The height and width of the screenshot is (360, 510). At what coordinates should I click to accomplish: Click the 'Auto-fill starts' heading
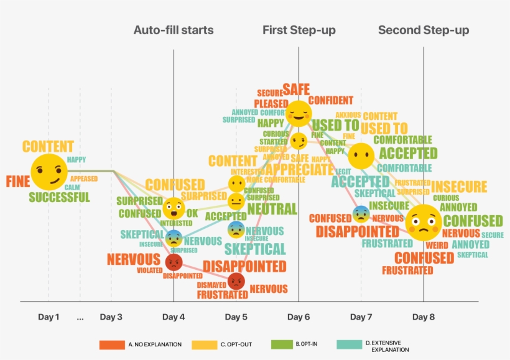(173, 30)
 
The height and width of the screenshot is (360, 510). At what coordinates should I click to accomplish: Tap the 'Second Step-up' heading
(423, 30)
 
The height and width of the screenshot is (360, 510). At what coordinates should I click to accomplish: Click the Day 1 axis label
(49, 317)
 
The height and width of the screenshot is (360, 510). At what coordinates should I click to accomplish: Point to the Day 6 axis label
(299, 317)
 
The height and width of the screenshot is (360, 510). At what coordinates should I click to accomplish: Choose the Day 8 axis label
(424, 317)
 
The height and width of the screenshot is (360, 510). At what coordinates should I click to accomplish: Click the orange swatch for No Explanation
(111, 344)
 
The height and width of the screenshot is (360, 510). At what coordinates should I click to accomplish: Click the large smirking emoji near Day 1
(49, 172)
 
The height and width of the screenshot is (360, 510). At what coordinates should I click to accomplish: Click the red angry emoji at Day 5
(236, 282)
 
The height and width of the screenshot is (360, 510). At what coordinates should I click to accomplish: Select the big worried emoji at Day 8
(423, 223)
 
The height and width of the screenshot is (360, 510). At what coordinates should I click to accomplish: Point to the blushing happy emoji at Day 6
(299, 113)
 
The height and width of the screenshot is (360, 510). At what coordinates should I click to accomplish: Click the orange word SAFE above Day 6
(295, 90)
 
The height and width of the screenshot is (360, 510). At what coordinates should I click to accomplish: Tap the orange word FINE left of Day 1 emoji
(18, 182)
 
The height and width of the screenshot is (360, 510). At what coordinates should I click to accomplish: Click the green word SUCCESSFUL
(59, 198)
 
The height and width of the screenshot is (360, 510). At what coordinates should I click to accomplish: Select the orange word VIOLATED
(149, 270)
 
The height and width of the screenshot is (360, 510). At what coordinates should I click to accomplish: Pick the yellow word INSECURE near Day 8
(459, 187)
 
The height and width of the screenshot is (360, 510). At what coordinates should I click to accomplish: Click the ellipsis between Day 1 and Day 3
(80, 317)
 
